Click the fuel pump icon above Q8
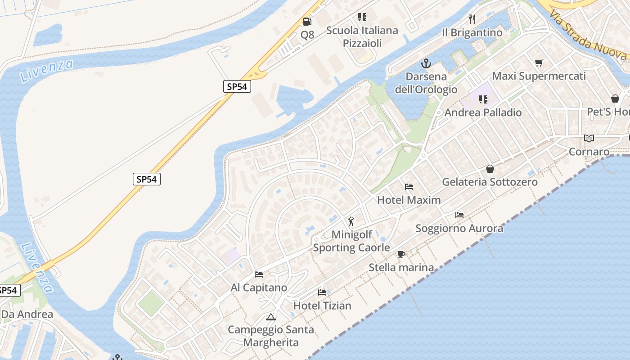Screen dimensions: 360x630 pos(307,21)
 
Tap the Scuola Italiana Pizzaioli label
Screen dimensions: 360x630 pos(362,37)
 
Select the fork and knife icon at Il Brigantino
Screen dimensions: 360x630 pos(472,19)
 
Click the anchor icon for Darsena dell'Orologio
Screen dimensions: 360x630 pos(426,63)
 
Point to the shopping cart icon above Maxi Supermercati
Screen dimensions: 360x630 pos(539,63)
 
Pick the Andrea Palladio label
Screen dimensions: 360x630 pos(483,112)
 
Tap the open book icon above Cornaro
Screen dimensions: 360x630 pos(589,138)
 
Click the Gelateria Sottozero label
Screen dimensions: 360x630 pos(490,182)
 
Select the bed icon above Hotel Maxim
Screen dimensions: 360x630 pos(409,186)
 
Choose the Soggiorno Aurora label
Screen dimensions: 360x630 pos(459,228)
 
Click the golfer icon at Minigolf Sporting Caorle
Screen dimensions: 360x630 pos(351,221)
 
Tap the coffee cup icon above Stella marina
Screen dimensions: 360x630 pos(401,254)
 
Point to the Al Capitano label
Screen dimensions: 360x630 pos(259,288)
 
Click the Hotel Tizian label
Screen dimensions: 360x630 pos(322,306)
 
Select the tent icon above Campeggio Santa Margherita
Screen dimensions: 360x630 pos(270,317)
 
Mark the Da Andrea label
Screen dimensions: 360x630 pos(27,314)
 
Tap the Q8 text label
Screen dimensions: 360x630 pos(307,35)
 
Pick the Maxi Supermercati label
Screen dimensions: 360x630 pos(539,76)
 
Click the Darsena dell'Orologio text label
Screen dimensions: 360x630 pos(426,83)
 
